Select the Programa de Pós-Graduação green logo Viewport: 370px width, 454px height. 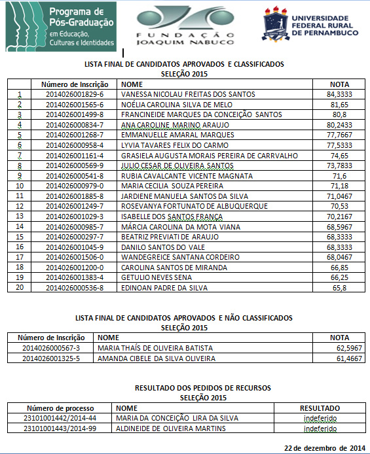click(x=60, y=27)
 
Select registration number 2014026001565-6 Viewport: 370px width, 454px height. click(x=75, y=105)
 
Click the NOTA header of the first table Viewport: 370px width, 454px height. click(x=339, y=84)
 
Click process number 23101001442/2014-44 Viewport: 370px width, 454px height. click(x=60, y=418)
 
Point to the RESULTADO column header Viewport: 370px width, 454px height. click(x=320, y=407)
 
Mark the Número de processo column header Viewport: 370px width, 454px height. click(x=60, y=407)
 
